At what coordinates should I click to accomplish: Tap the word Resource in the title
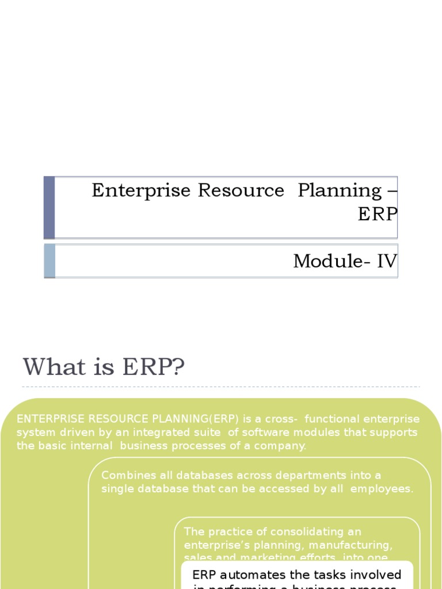tap(241, 190)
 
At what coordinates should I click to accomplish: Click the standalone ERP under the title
tap(377, 214)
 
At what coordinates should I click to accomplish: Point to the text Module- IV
tap(345, 261)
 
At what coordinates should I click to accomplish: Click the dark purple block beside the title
tap(49, 208)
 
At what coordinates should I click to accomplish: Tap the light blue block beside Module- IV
tap(49, 261)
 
